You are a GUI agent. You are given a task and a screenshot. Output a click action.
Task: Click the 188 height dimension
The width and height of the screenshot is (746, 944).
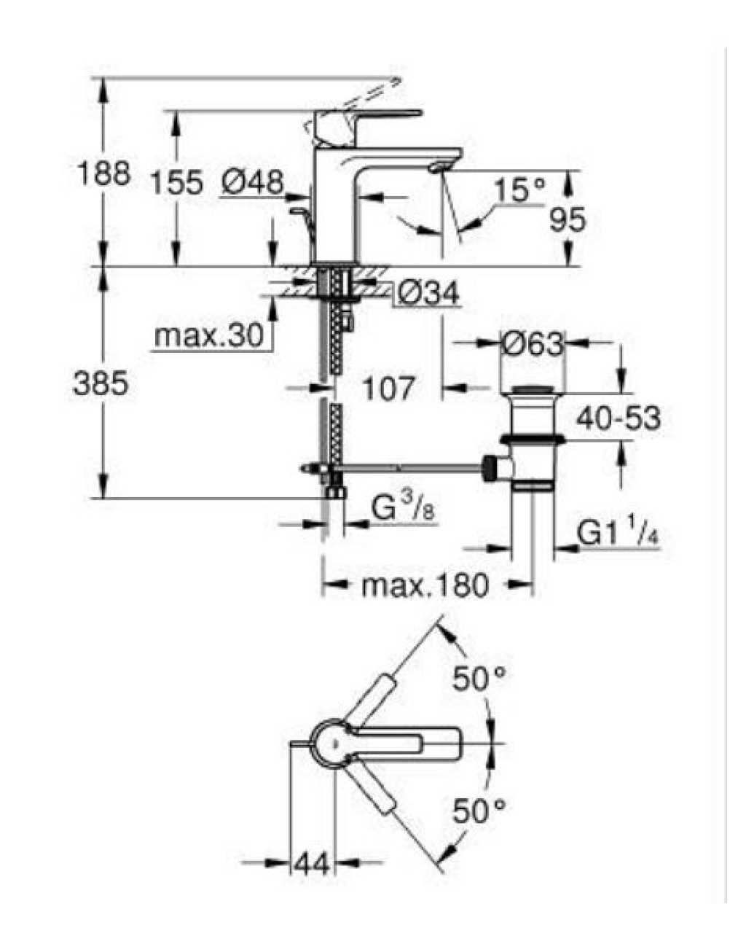point(103,173)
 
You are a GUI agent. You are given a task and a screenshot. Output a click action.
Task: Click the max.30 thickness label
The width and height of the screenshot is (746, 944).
point(209,336)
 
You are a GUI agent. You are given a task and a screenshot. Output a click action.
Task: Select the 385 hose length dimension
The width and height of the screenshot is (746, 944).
point(101,383)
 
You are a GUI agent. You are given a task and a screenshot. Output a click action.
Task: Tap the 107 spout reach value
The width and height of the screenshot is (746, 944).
point(388,388)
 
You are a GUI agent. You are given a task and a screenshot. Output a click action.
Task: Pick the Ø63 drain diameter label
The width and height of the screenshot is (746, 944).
point(532,343)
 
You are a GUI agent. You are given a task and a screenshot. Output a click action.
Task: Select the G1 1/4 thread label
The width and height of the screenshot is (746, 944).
point(619,533)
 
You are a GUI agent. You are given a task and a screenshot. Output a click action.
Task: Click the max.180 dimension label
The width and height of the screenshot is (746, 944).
point(425,585)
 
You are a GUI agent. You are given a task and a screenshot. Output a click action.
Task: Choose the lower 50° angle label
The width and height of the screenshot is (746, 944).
point(479,810)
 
